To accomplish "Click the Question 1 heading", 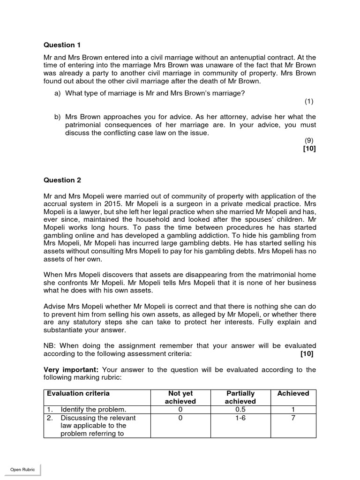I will point(62,45).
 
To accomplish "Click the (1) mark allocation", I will point(308,101).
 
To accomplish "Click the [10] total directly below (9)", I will point(309,149).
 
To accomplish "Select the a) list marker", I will point(58,93).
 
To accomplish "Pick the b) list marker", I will point(58,117).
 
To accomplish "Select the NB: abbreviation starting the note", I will point(50,345).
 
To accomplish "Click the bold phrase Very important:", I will point(71,370).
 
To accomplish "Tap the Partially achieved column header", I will point(240,397).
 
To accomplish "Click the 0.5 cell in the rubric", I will point(240,410).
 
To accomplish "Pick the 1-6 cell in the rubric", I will point(240,418).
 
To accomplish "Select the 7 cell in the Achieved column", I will point(293,418).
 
